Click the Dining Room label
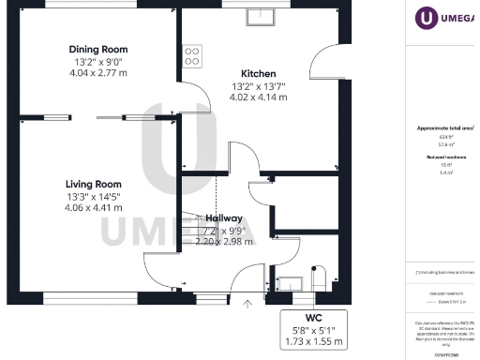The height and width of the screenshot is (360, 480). (x=98, y=49)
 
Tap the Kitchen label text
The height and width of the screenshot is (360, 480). (x=258, y=73)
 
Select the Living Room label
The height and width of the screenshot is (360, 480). (x=94, y=184)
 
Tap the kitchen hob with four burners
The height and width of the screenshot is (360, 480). (x=193, y=56)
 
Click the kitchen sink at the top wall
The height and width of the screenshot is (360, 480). (x=260, y=17)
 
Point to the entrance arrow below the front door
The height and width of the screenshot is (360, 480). (x=247, y=303)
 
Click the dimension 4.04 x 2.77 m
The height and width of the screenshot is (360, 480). (x=98, y=71)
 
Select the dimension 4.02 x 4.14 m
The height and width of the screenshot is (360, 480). (x=258, y=96)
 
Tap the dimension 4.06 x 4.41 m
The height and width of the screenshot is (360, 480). (x=94, y=207)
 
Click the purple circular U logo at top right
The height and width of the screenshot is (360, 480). (x=427, y=17)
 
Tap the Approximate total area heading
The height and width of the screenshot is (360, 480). (x=446, y=127)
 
